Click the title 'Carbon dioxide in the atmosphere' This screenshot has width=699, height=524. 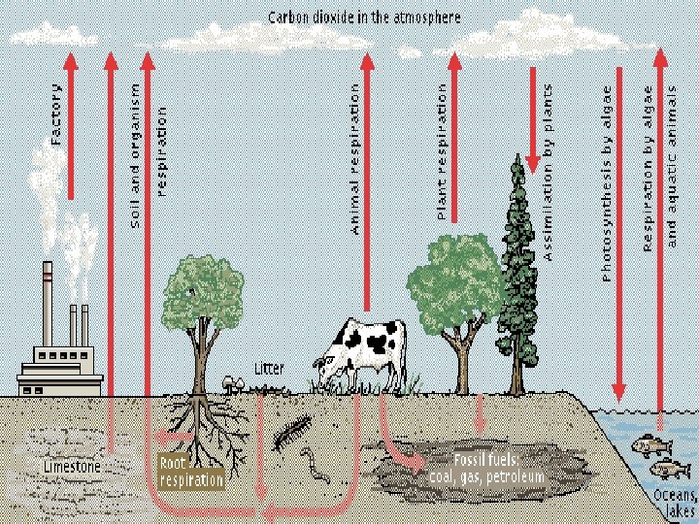coord(366,17)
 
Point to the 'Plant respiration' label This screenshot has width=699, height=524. coord(441,150)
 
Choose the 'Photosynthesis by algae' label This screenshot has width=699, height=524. coord(607,183)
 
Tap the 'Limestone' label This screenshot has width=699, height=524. coord(71,467)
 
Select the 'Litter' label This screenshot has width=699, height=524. coord(269,369)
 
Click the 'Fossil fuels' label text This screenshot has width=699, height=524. coord(486,468)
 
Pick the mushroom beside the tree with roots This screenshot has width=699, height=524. coord(232,381)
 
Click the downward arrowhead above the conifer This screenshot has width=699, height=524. coord(532,160)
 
